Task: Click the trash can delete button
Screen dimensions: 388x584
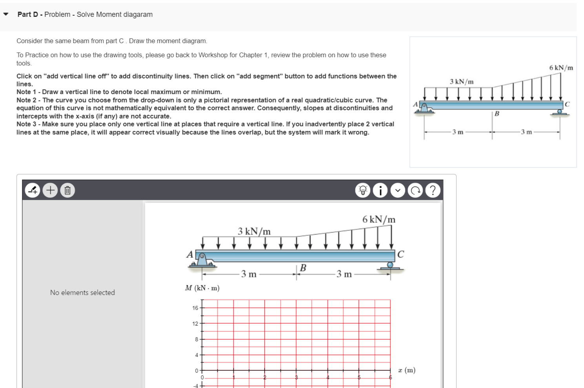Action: coord(68,190)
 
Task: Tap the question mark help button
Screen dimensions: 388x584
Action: coord(433,190)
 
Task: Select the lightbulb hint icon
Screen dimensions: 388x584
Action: coord(363,190)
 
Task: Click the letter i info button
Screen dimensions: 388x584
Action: coord(380,190)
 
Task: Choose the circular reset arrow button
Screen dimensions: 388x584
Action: coord(415,190)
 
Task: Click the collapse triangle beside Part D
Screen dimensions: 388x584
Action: coord(6,15)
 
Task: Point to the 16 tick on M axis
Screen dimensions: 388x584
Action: coord(195,308)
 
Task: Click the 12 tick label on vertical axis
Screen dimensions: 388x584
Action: coord(195,324)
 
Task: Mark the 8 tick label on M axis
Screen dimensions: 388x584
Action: coord(197,339)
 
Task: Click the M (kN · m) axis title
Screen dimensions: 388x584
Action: coord(202,288)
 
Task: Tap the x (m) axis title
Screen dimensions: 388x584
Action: coord(407,370)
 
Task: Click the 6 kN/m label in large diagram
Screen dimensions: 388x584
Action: coord(379,219)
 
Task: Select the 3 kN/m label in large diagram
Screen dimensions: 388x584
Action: coord(254,231)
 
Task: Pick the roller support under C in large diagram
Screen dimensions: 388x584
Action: coord(390,266)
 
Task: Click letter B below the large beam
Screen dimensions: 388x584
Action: coord(303,268)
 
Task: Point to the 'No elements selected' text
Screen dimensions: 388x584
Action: coord(82,293)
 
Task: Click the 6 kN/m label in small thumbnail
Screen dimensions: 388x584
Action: coord(561,68)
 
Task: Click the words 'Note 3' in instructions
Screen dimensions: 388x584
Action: coord(26,124)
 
